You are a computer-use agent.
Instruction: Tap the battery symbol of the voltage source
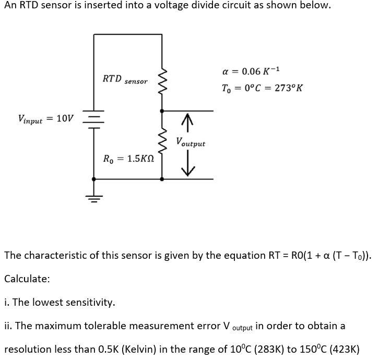click(94, 119)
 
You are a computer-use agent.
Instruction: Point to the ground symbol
click(94, 198)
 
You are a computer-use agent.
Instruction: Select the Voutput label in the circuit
click(191, 142)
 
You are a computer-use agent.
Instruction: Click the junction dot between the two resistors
click(161, 111)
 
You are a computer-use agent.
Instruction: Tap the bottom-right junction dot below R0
click(161, 179)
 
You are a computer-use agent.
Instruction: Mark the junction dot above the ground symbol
click(94, 179)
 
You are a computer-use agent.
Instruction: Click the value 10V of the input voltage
click(65, 118)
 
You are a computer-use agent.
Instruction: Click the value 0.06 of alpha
click(253, 71)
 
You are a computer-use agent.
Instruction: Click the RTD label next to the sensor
click(112, 79)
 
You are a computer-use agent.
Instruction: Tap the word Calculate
click(27, 279)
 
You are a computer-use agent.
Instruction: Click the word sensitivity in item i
click(88, 303)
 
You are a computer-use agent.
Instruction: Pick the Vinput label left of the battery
click(30, 119)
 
